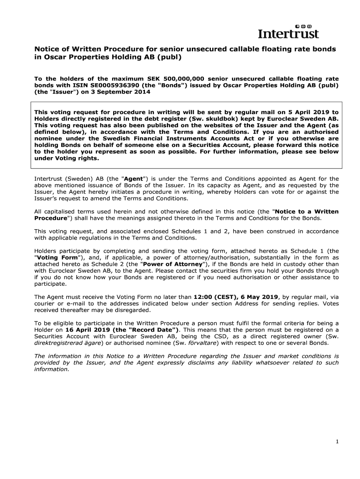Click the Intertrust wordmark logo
tap(288, 34)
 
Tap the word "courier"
tap(45, 304)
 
